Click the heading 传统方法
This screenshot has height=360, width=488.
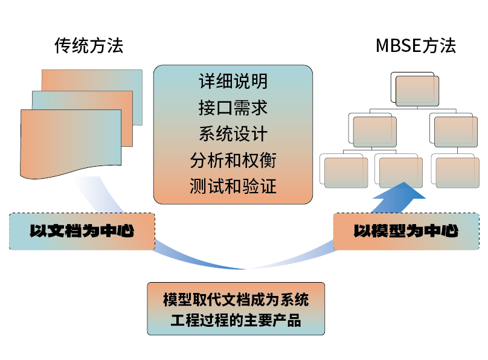click(89, 46)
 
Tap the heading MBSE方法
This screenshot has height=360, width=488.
click(416, 46)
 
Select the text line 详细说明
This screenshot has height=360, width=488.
click(233, 80)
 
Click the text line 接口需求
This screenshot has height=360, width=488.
click(233, 107)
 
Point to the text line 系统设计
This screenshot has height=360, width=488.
click(233, 133)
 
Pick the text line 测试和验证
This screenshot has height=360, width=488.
click(233, 186)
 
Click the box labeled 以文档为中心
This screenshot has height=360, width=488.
click(82, 231)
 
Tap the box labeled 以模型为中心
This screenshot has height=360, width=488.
click(406, 231)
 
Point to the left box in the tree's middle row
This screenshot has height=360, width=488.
click(374, 131)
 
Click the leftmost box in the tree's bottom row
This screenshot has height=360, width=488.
click(344, 172)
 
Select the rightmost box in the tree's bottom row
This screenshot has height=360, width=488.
click(457, 172)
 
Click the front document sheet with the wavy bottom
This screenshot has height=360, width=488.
click(69, 142)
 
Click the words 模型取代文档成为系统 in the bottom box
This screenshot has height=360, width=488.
click(236, 300)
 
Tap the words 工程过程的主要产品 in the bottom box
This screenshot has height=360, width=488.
click(236, 320)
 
